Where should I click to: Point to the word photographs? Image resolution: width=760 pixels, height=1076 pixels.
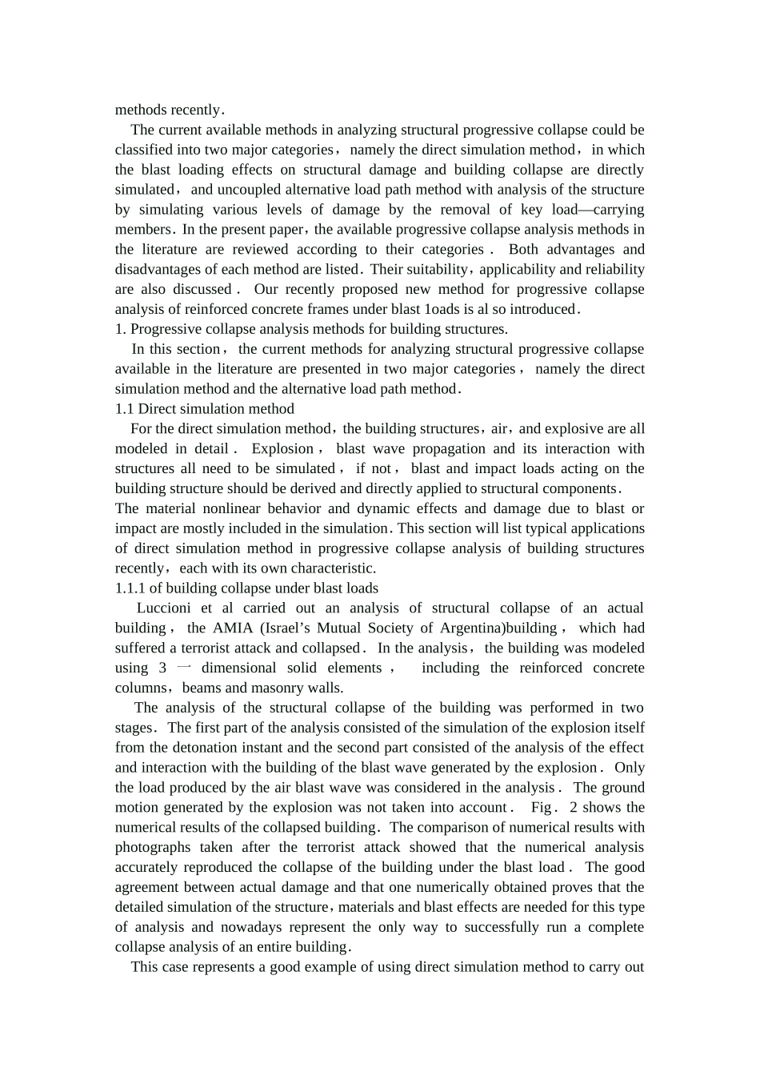(153, 848)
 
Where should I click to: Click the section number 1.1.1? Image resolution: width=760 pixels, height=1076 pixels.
(130, 588)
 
